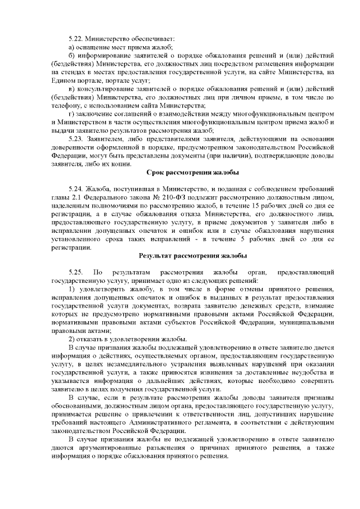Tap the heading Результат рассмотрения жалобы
tap(192, 256)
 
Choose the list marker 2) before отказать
tap(71, 339)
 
